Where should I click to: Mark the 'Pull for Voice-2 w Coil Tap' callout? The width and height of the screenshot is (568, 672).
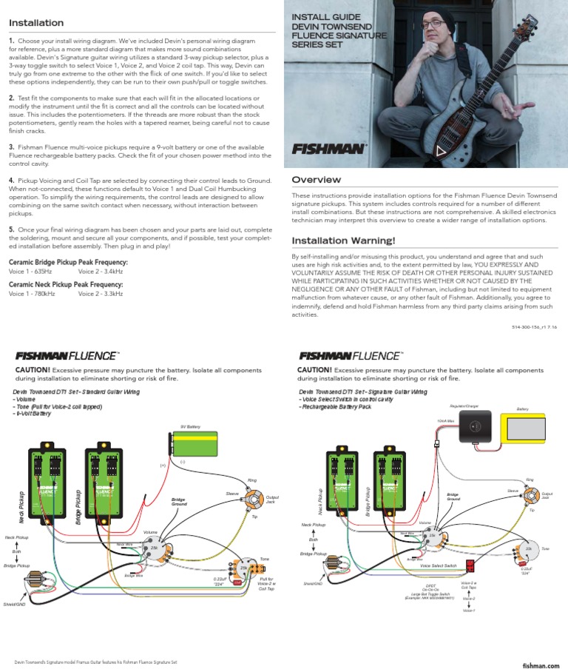pos(266,585)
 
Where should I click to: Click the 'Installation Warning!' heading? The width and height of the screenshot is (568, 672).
pos(344,241)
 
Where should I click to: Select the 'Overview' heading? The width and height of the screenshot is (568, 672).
pos(317,180)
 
